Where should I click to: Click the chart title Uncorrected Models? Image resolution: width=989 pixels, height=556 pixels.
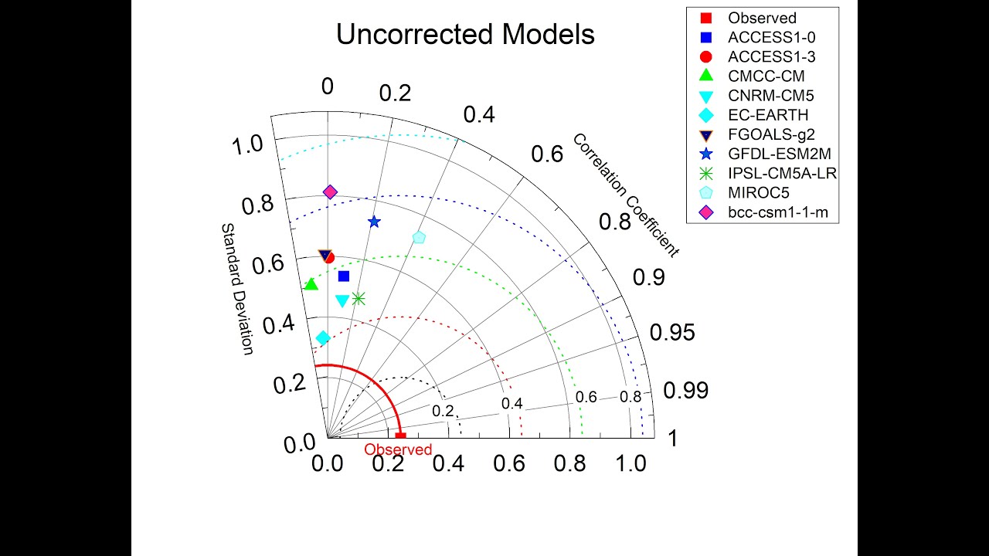click(465, 35)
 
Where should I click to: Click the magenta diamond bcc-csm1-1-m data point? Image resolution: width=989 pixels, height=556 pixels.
click(330, 192)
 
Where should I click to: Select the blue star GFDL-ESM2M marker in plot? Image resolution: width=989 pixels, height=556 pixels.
click(374, 222)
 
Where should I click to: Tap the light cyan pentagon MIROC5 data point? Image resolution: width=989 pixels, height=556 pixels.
click(419, 237)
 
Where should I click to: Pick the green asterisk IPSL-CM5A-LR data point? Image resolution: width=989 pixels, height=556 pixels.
click(358, 298)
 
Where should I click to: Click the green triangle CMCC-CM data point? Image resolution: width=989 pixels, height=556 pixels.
click(311, 285)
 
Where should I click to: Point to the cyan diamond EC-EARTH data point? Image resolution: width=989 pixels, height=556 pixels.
click(323, 337)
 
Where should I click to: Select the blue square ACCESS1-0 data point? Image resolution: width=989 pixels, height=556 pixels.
click(344, 276)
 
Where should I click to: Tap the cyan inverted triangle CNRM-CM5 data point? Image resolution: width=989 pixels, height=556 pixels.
click(342, 300)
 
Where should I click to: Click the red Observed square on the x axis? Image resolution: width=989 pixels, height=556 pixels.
click(400, 437)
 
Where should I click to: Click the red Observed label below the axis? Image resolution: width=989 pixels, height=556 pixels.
click(398, 449)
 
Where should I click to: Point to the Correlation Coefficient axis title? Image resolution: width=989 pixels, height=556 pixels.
click(625, 195)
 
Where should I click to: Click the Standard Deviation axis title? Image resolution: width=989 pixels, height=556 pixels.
click(237, 289)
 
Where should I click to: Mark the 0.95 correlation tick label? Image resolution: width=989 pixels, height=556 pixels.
click(671, 333)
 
